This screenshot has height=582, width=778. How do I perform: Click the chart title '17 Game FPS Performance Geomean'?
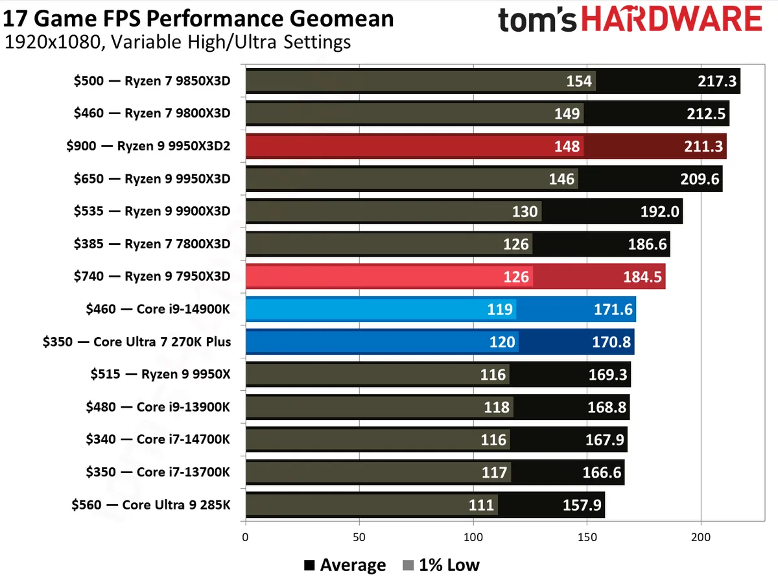[x=198, y=17]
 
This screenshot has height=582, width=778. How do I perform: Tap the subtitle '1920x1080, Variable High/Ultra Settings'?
[x=178, y=43]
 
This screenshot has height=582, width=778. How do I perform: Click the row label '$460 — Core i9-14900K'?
[x=158, y=309]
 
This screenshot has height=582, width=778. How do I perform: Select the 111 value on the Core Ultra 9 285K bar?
[x=482, y=505]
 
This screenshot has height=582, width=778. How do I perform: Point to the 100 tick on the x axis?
[x=473, y=537]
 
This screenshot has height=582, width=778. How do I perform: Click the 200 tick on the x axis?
[x=701, y=537]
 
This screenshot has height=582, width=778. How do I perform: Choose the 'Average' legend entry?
[x=345, y=565]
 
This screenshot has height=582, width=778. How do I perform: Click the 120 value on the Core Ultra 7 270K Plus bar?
[x=502, y=342]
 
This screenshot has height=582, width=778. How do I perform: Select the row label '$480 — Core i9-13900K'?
[x=158, y=407]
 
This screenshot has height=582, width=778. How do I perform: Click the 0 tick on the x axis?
[x=245, y=537]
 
